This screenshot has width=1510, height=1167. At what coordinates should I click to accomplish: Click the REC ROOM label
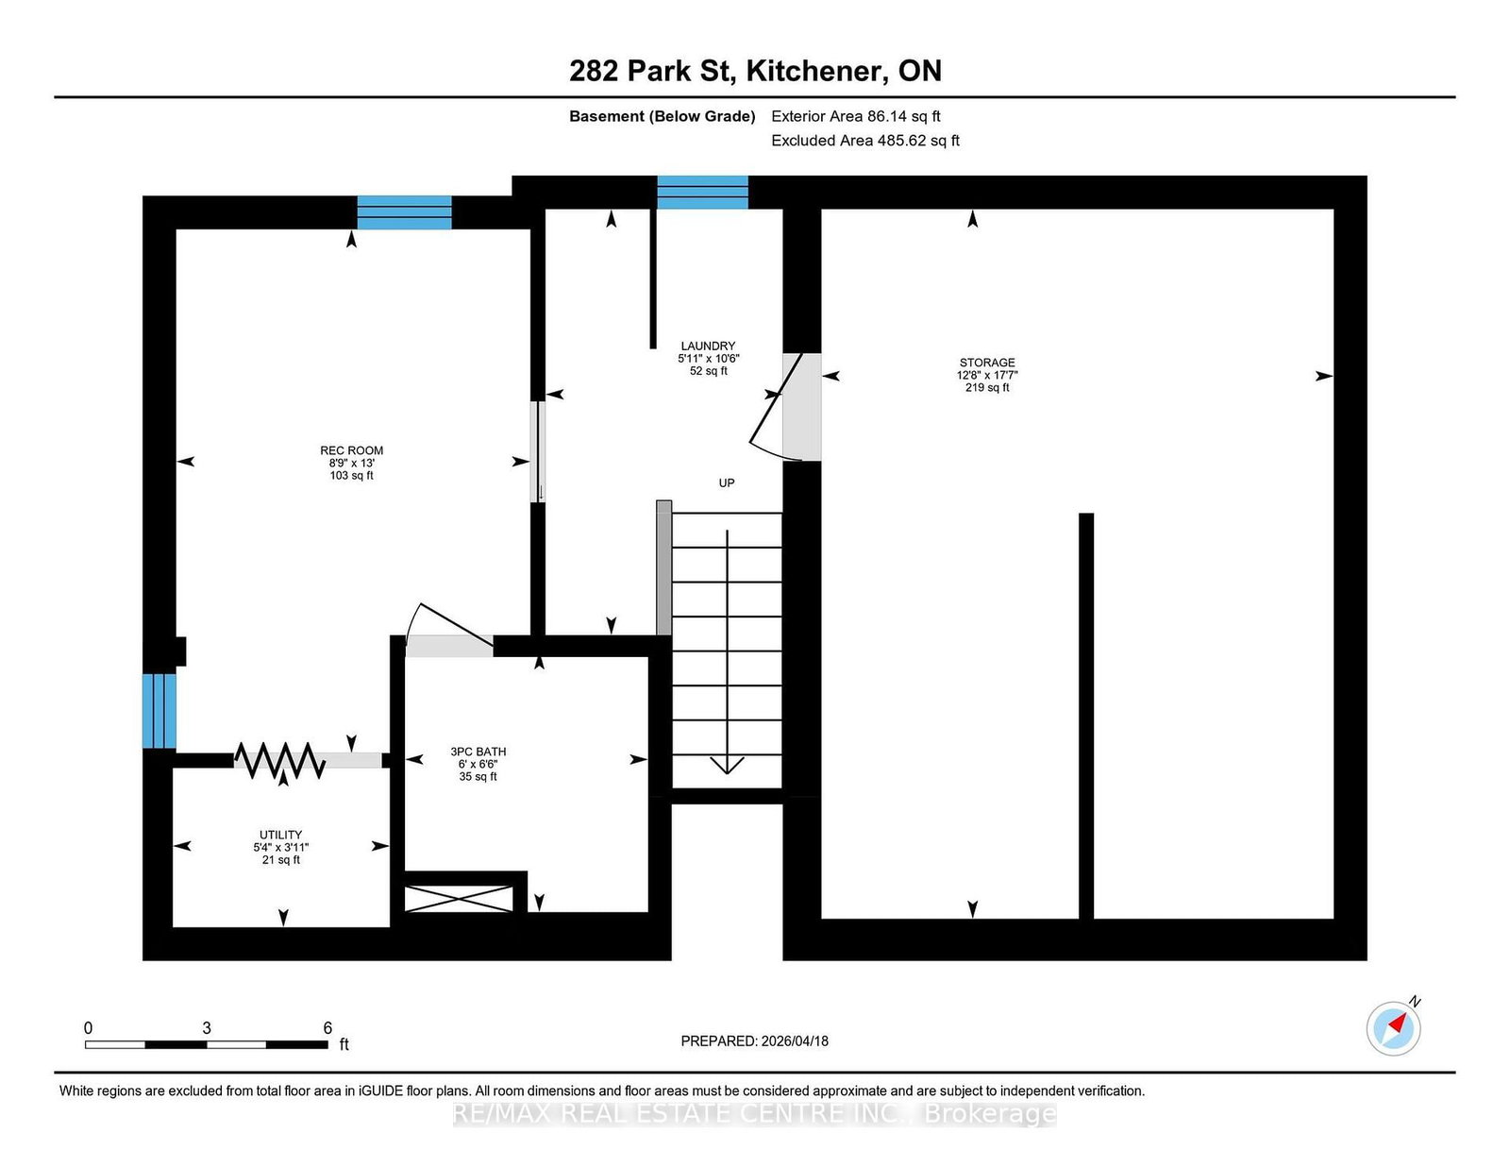point(352,450)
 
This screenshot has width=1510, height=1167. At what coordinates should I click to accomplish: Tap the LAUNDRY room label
point(708,346)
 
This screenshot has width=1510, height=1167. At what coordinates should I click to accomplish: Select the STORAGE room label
point(987,363)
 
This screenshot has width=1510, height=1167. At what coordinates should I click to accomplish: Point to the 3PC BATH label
point(478,752)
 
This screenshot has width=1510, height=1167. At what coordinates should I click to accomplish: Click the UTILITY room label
point(280,835)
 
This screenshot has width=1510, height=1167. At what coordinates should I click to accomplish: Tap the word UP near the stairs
point(726,483)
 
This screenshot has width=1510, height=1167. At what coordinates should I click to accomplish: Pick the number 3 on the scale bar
point(207,1028)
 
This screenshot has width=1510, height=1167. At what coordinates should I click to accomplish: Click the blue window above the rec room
point(405,212)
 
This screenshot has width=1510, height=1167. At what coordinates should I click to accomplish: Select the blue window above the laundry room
point(702,193)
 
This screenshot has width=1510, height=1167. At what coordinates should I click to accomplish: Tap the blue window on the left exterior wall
point(159,711)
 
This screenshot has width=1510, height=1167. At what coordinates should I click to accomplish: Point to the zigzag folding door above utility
point(279,760)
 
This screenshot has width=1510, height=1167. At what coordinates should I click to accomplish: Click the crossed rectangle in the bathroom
point(459,899)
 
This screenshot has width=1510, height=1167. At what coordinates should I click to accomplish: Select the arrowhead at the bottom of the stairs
point(727,766)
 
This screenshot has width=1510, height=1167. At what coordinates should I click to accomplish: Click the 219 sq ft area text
point(987,388)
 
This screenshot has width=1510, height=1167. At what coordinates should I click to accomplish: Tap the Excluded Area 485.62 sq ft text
point(865,141)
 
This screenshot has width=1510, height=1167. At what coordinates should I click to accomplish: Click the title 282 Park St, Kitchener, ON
point(755,71)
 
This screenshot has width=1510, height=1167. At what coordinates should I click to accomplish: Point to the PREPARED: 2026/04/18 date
point(755,1041)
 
